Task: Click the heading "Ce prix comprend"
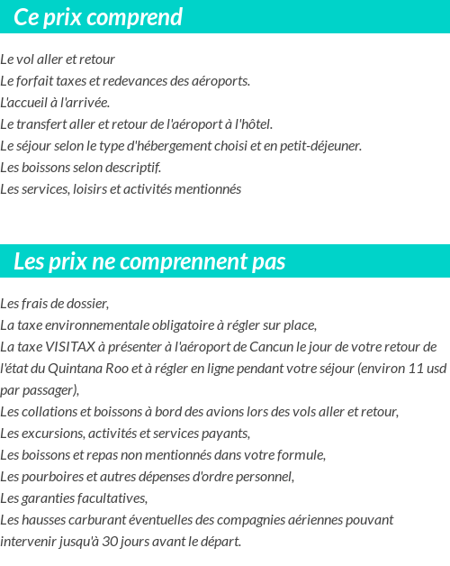tap(98, 17)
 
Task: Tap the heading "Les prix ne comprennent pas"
tap(149, 261)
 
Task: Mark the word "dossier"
tap(86, 303)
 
